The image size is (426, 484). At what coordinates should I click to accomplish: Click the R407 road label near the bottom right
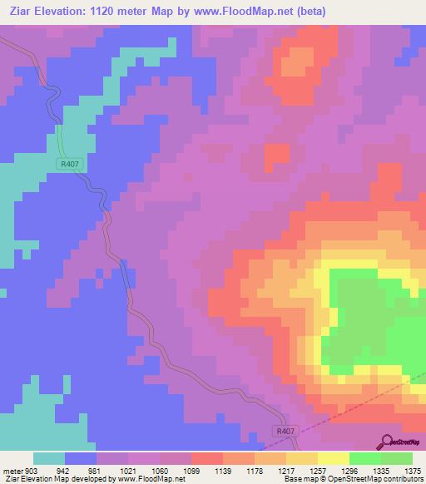coord(285,432)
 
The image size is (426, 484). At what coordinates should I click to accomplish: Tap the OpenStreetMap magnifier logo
coord(385,442)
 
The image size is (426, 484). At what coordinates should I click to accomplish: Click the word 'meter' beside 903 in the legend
coord(12,471)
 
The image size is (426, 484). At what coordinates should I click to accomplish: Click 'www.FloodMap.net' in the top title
coord(242,11)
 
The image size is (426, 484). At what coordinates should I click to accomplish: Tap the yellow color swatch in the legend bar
coord(333,458)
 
